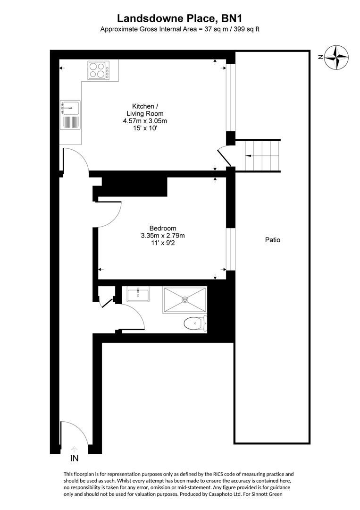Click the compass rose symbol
(337, 57)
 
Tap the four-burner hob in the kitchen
(98, 70)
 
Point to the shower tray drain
(184, 299)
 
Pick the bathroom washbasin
(138, 295)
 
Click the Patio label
(272, 240)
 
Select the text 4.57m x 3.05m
(145, 121)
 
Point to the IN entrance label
(74, 459)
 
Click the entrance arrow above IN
(74, 450)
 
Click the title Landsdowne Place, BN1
(180, 18)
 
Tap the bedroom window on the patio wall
(231, 249)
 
